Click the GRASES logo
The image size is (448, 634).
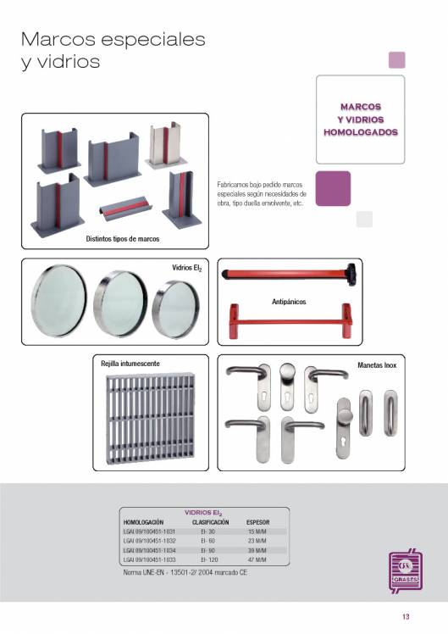pos(406,570)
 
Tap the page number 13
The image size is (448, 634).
pos(406,616)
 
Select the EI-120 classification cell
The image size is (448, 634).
pos(209,559)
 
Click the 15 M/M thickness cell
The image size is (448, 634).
pos(257,531)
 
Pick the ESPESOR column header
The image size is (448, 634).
pos(257,522)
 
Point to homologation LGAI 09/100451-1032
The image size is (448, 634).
pos(149,541)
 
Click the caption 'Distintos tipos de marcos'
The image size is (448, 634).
pos(123,238)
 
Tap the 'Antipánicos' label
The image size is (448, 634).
pos(289,301)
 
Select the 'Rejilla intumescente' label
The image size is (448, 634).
pos(130,364)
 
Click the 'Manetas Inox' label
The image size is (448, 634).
pos(377,365)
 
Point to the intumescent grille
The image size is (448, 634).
pos(150,419)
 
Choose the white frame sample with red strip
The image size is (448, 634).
pos(166,145)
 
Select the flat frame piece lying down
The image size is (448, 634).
pos(125,208)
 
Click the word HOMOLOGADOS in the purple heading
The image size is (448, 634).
pos(360,132)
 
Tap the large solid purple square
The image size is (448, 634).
pos(333,188)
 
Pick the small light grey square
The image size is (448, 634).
pos(364,220)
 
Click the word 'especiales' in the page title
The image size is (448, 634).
pos(153,40)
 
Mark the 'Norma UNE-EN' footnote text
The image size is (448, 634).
pos(185,572)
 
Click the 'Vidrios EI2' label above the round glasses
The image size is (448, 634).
pos(186,268)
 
